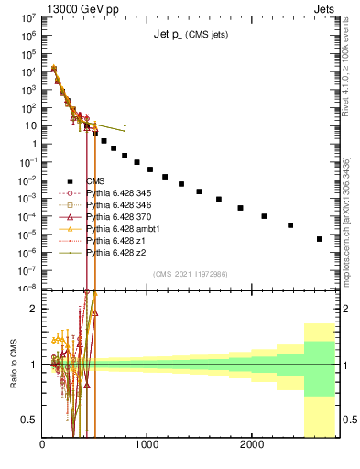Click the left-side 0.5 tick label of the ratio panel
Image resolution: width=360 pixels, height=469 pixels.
[32, 420]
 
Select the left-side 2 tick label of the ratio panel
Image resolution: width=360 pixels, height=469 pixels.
[35, 309]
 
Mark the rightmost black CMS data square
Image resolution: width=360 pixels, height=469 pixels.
[319, 239]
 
